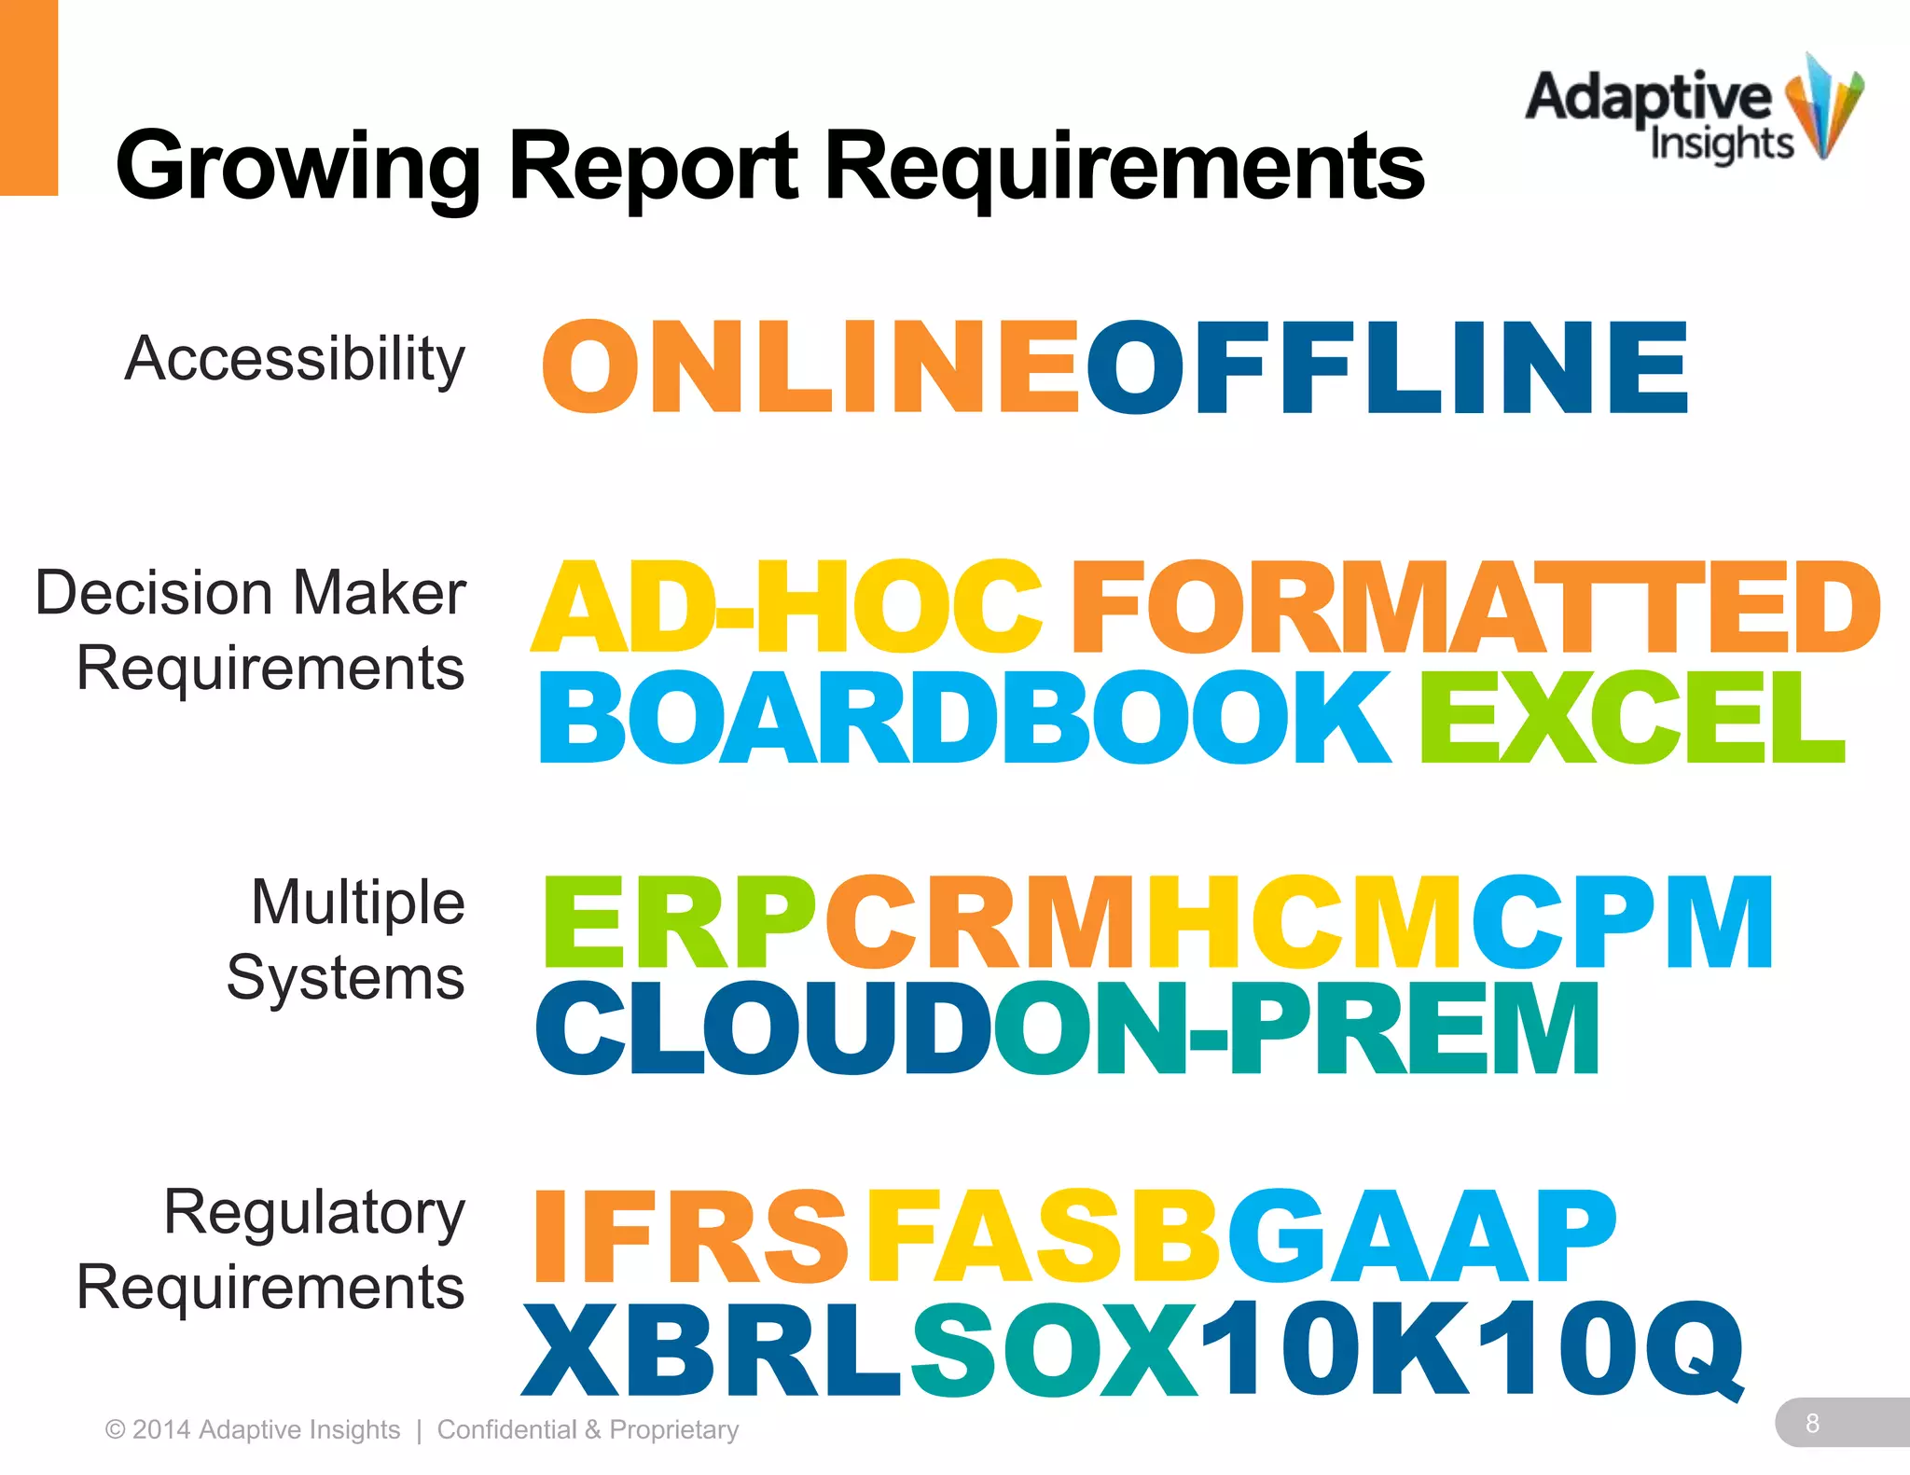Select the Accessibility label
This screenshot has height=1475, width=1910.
[295, 359]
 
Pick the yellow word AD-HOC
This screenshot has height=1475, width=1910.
[787, 608]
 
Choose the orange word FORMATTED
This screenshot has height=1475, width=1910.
[1475, 608]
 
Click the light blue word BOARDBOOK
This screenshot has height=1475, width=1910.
[964, 717]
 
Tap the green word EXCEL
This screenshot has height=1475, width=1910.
[1631, 717]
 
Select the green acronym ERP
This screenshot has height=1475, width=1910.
[680, 923]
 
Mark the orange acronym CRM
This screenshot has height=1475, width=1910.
[981, 923]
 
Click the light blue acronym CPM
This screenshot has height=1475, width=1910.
[1622, 923]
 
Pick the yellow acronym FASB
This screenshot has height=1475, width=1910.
[1043, 1237]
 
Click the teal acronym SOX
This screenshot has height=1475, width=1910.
[1054, 1348]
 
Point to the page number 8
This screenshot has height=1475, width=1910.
[1812, 1423]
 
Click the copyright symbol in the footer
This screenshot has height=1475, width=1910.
[116, 1430]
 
